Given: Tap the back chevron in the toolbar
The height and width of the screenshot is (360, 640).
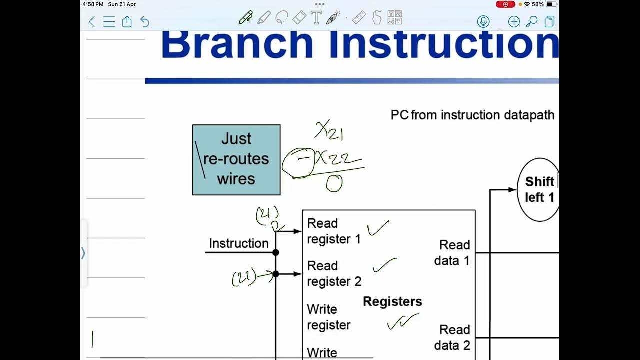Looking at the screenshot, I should pos(92,21).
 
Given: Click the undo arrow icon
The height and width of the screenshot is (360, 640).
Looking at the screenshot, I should pos(145,21).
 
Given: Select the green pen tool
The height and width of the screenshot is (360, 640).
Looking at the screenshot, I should pos(245,18).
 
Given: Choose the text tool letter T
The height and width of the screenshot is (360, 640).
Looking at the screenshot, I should pos(316,18).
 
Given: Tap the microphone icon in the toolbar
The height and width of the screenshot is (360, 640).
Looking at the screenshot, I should pos(483,21).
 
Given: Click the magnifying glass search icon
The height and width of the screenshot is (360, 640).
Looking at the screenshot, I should pos(532,21).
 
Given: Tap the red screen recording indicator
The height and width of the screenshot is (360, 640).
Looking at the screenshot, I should pos(505,4).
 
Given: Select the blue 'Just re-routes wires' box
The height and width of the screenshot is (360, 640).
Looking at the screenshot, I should pos(236,159).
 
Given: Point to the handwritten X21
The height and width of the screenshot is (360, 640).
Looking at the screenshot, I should pos(329,131).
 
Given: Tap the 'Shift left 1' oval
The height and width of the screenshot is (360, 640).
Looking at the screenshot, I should pos(539,189).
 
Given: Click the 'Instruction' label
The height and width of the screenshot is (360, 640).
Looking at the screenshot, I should pos(238,244).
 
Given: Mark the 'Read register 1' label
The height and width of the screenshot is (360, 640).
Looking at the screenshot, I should pos(333,231).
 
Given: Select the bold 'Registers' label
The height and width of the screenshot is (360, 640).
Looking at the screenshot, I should pos(392,302).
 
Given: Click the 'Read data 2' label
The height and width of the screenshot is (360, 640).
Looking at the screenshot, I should pos(452,337).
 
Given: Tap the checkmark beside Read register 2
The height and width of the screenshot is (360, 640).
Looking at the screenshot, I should pos(384,265).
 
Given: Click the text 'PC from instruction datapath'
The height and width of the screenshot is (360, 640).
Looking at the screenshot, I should pos(472,115).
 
